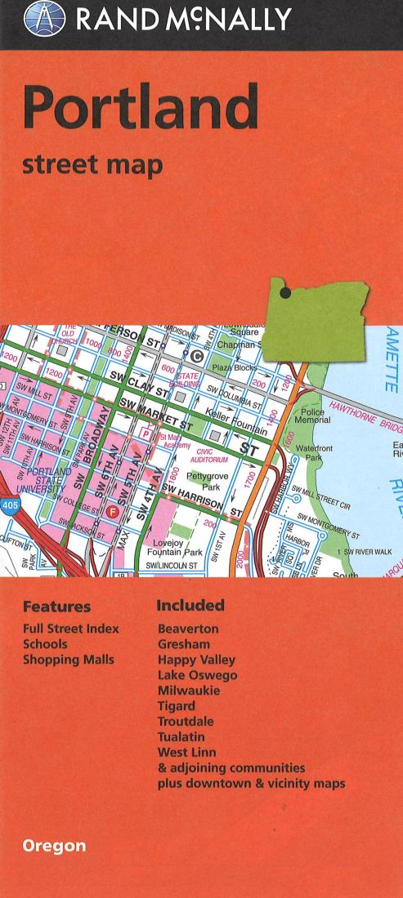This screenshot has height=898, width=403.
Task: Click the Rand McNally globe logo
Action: [x=43, y=19]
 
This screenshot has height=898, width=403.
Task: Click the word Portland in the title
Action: [x=141, y=108]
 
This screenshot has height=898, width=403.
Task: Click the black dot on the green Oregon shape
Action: [x=284, y=292]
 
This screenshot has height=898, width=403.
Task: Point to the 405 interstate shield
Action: [x=8, y=505]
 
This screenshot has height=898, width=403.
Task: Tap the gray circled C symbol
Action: [x=196, y=355]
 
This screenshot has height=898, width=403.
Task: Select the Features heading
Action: [x=56, y=607]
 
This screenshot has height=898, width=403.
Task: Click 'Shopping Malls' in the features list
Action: [x=69, y=660]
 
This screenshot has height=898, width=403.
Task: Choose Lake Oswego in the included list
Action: [x=197, y=675]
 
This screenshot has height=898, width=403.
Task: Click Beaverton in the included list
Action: [x=188, y=629]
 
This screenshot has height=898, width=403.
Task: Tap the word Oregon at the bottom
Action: [x=54, y=846]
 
